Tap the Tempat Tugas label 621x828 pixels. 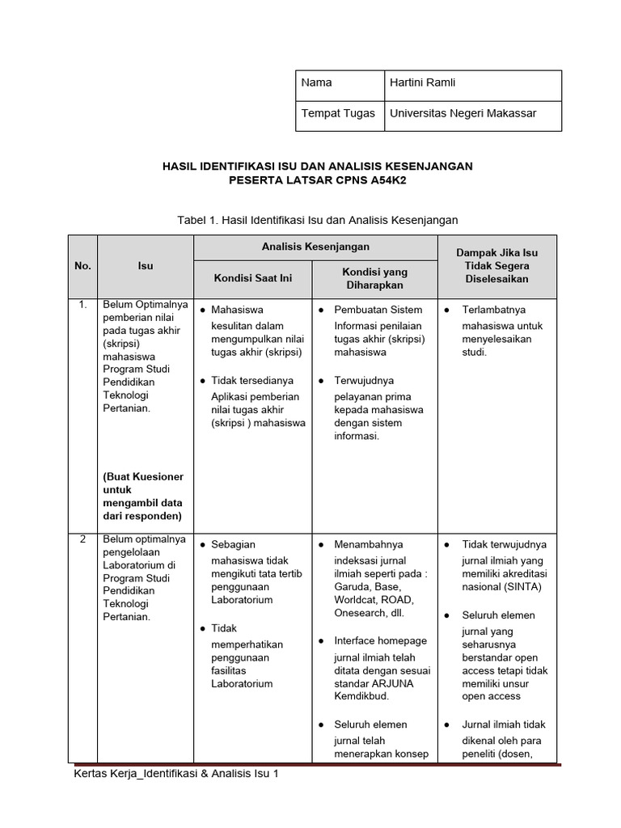coord(338,113)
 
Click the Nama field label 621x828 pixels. coord(316,82)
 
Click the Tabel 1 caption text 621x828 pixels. coord(317,219)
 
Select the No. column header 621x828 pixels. coord(82,266)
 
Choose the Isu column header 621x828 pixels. coord(145,266)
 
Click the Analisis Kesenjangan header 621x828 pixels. coord(315,247)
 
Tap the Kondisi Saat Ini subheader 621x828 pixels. coord(252,278)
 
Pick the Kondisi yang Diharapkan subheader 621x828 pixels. coord(374,278)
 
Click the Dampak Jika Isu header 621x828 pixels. coord(496,253)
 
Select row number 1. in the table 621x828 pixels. coord(82,306)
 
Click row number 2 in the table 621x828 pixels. coord(82,539)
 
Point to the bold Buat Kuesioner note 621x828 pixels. coord(143,477)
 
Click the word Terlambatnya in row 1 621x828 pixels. coord(493,310)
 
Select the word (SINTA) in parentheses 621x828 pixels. coord(522,587)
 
